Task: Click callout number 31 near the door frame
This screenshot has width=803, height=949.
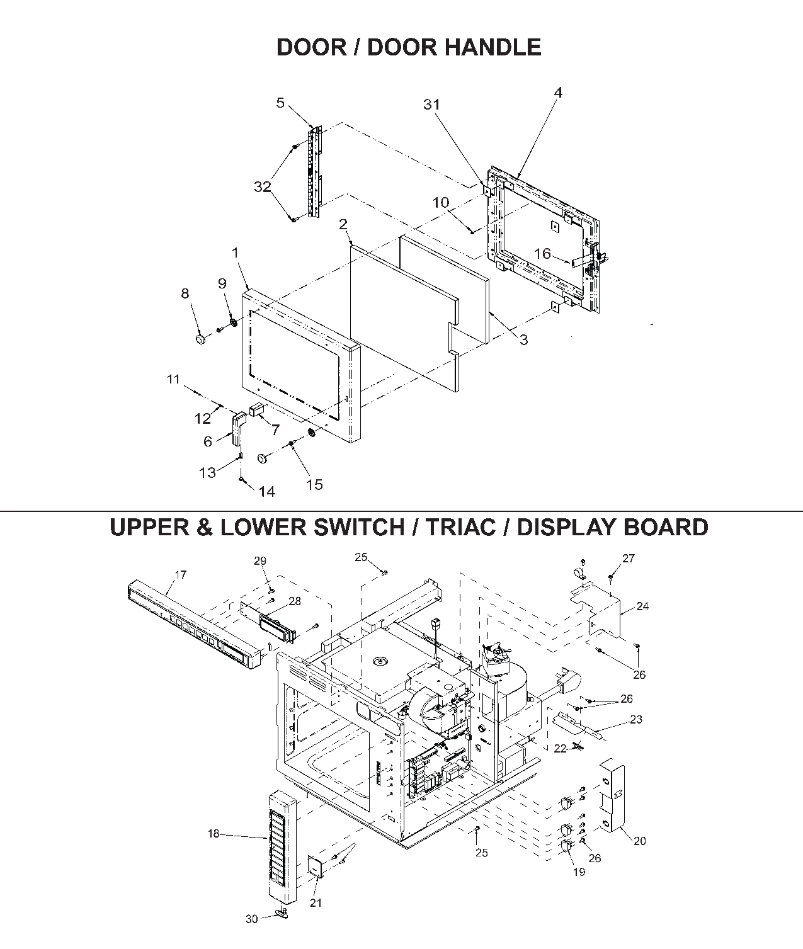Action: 431,105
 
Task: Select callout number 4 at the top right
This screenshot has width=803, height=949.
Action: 558,93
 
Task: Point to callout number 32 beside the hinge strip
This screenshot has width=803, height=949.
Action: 263,187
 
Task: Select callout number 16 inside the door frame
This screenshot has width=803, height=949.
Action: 542,254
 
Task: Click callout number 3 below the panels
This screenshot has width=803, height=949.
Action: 523,340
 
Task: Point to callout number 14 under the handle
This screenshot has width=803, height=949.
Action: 267,492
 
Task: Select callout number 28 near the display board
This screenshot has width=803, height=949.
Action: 295,601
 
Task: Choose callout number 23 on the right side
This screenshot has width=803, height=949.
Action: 636,719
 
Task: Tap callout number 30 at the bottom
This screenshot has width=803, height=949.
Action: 251,919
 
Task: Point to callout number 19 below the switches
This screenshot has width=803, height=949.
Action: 578,872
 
